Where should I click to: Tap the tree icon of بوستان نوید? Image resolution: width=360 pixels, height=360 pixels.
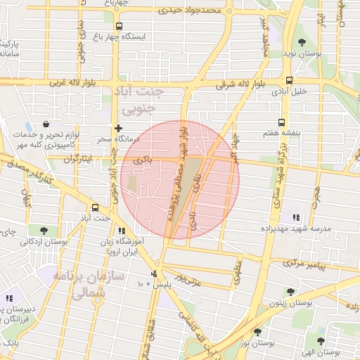[x=302, y=41]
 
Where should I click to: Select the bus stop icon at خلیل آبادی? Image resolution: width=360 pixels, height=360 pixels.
[x=289, y=80]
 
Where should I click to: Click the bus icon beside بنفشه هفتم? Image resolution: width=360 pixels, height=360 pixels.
[x=281, y=122]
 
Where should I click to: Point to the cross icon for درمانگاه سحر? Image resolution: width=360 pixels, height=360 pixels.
[x=118, y=129]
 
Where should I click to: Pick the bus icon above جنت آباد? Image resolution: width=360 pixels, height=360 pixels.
[x=95, y=207]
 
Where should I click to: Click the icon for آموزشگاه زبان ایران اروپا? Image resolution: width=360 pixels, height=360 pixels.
[x=122, y=231]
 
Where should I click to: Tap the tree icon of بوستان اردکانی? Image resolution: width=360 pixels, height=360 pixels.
[x=44, y=230]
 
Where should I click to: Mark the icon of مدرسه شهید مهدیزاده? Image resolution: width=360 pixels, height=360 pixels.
[x=297, y=217]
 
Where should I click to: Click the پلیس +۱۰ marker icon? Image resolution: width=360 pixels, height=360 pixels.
[x=155, y=274]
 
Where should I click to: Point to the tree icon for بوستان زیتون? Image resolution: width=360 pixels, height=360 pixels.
[x=290, y=290]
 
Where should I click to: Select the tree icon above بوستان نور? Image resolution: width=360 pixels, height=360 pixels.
[x=257, y=331]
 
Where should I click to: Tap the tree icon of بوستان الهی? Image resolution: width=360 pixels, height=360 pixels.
[x=321, y=341]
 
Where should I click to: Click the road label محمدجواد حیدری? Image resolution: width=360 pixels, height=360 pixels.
[x=190, y=11]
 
